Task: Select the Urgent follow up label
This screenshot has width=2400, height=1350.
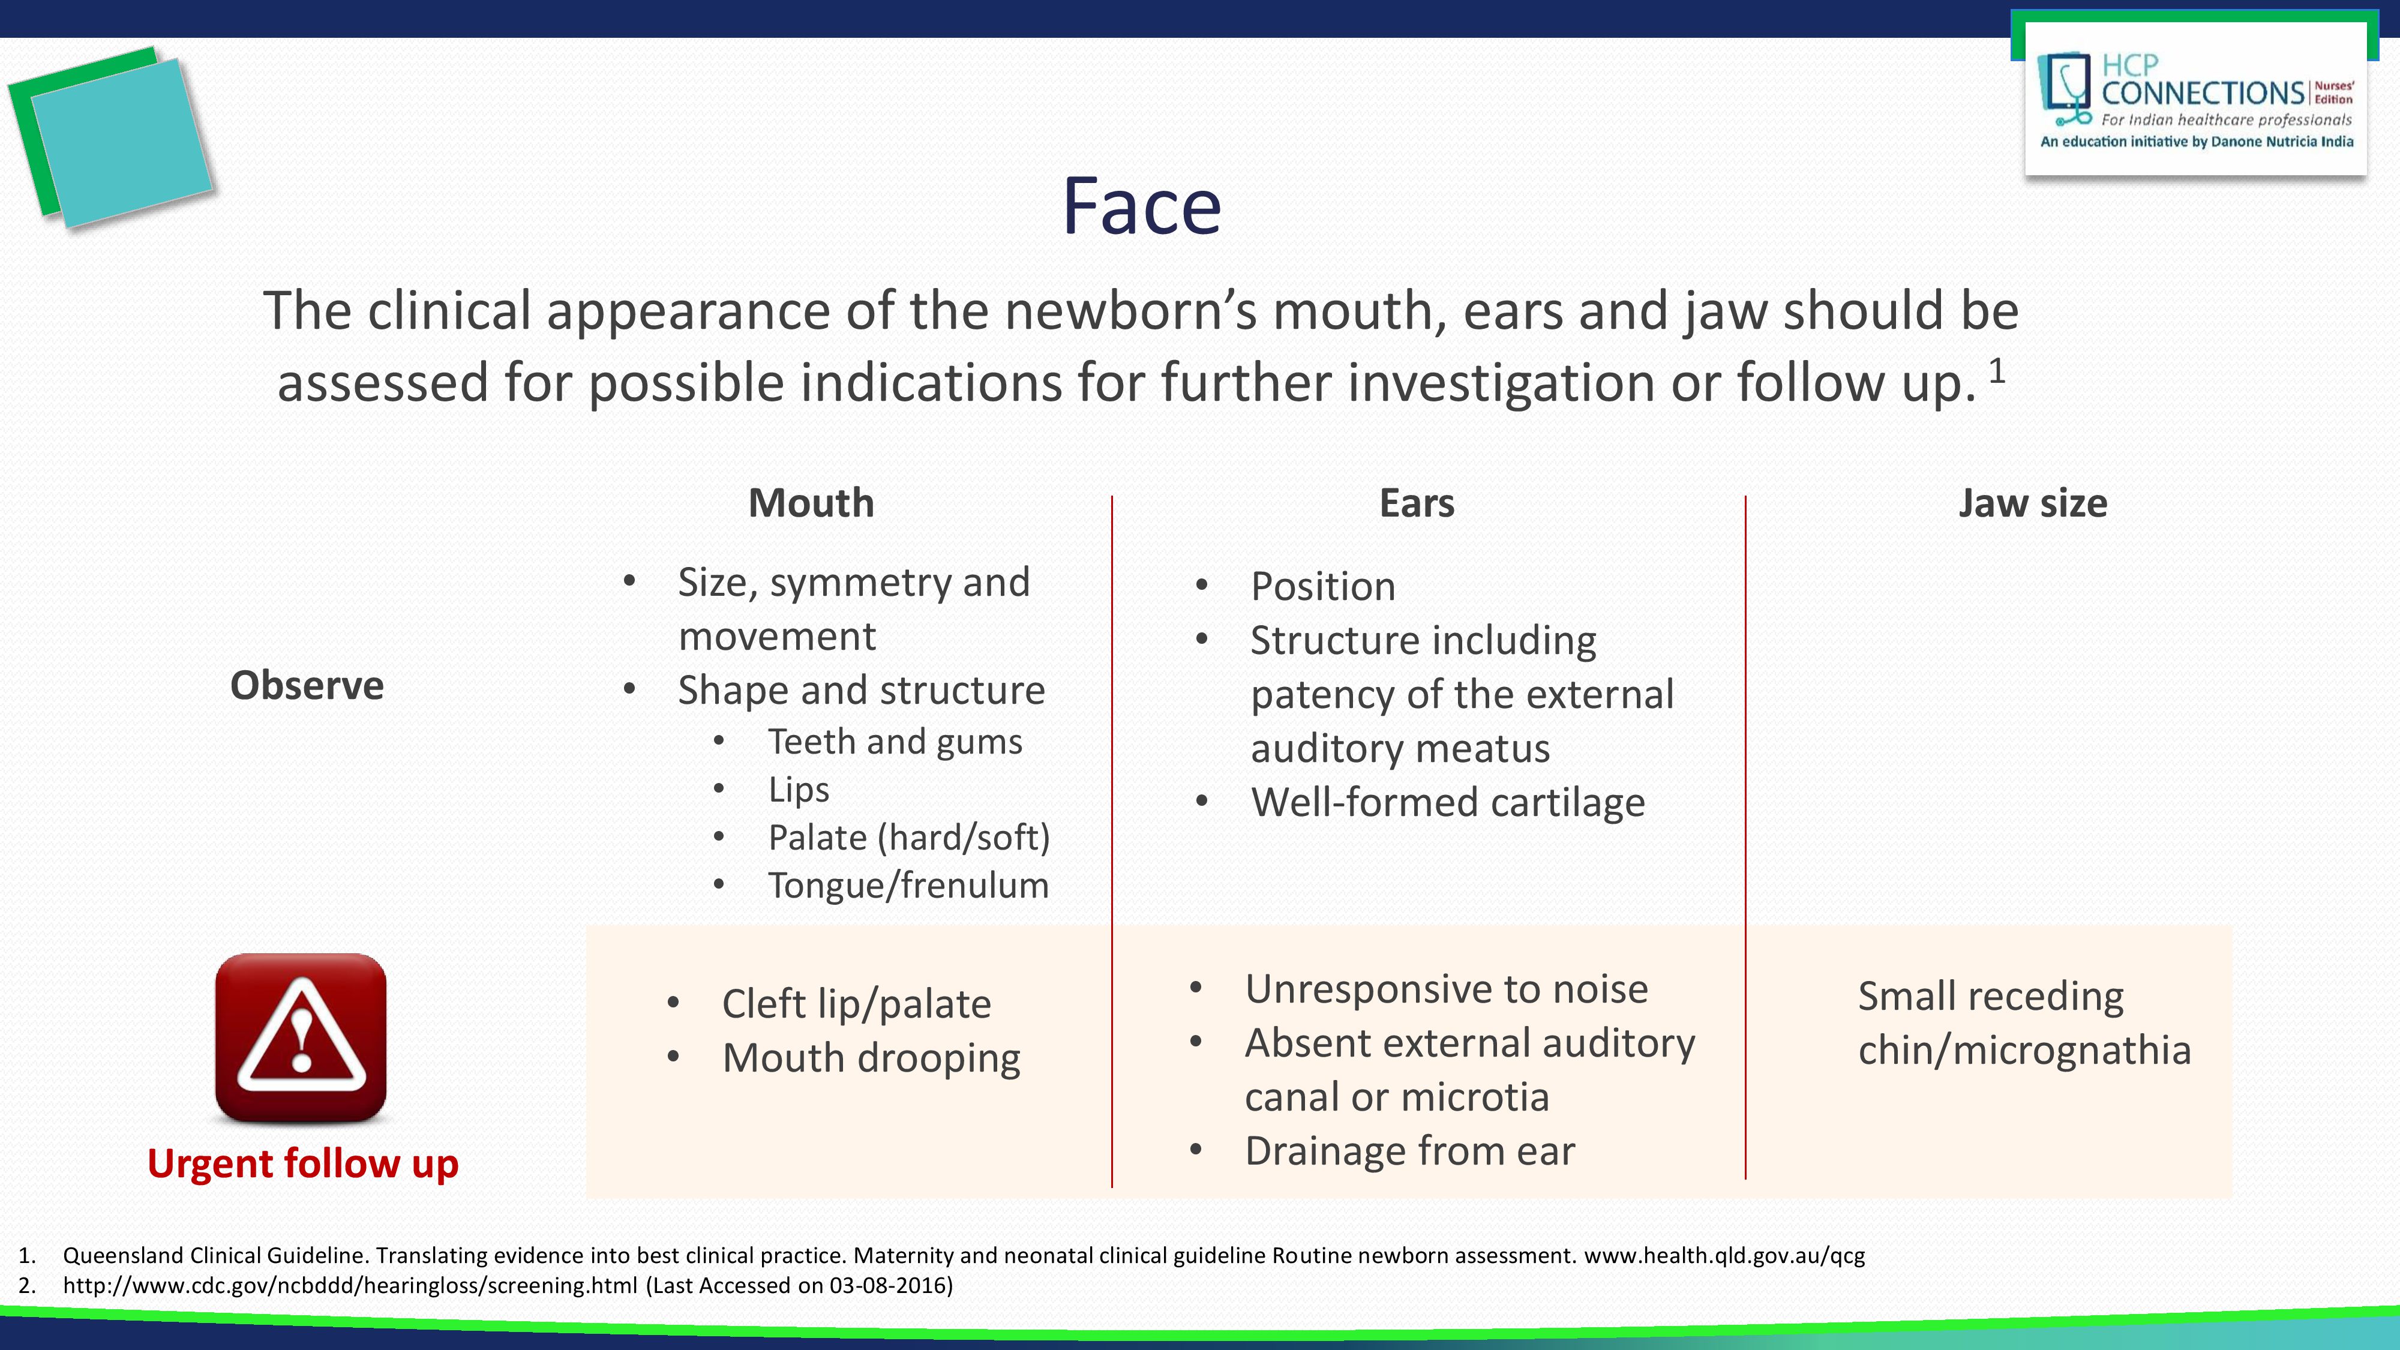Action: click(303, 1163)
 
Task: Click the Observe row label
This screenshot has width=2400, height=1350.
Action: click(307, 686)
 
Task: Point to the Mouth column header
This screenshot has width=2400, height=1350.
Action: click(811, 503)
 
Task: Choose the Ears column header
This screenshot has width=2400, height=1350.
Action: click(1416, 503)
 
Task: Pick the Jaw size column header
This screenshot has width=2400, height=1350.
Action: click(2032, 503)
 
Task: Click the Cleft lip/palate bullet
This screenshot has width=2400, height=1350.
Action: click(856, 1003)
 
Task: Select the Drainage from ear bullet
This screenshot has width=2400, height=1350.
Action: click(1409, 1151)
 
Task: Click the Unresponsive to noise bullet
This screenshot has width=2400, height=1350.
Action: click(1446, 989)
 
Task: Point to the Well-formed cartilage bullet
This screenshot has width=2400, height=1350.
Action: click(1448, 802)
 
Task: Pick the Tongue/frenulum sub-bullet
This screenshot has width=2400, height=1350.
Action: click(908, 885)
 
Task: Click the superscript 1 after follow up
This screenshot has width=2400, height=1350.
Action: click(1997, 371)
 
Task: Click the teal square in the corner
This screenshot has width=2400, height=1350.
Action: click(122, 142)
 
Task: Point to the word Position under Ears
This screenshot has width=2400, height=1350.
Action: click(1323, 587)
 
